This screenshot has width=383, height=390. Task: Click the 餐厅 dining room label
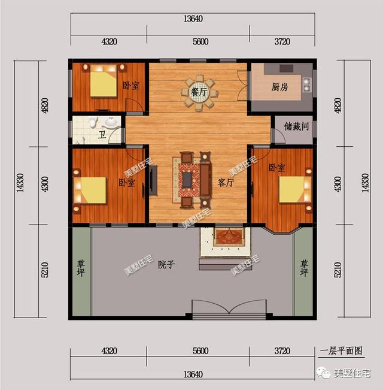[199, 93]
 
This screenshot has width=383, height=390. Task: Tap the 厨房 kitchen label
[279, 87]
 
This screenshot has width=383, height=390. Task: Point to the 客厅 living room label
[225, 182]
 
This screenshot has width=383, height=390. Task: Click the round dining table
[200, 93]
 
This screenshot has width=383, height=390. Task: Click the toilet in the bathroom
[92, 124]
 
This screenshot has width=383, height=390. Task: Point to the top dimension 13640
[192, 19]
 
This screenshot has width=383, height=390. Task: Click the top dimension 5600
[200, 42]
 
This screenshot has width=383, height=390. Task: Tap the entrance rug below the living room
[229, 236]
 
